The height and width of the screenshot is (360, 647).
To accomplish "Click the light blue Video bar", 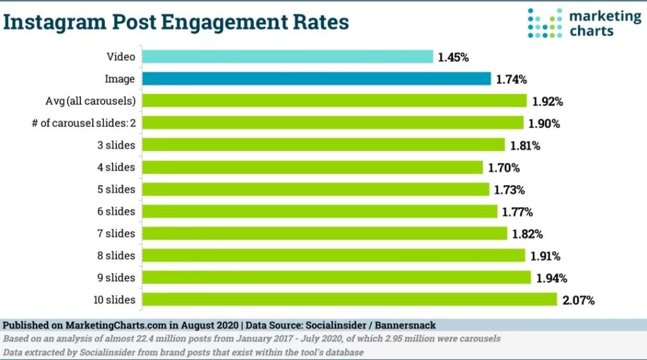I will pyautogui.click(x=287, y=57).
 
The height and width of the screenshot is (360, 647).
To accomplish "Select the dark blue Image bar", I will pyautogui.click(x=316, y=79).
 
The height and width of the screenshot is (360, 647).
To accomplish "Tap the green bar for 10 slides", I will pyautogui.click(x=349, y=299).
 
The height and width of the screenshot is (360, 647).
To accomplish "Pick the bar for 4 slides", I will pyautogui.click(x=312, y=167).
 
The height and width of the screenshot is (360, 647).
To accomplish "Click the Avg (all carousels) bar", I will pyautogui.click(x=334, y=101).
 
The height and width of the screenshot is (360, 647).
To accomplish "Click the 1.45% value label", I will pyautogui.click(x=454, y=57).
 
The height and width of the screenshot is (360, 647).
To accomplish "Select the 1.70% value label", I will pyautogui.click(x=504, y=168).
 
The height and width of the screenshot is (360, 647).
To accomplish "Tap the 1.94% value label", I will pyautogui.click(x=551, y=278).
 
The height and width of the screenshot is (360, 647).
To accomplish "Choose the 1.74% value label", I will pyautogui.click(x=511, y=80).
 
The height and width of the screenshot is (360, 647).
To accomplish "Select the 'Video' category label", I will pyautogui.click(x=121, y=57).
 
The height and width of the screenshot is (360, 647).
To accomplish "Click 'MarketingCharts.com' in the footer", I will pyautogui.click(x=116, y=325).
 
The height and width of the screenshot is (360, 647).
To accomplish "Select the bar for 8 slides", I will pyautogui.click(x=333, y=255).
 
